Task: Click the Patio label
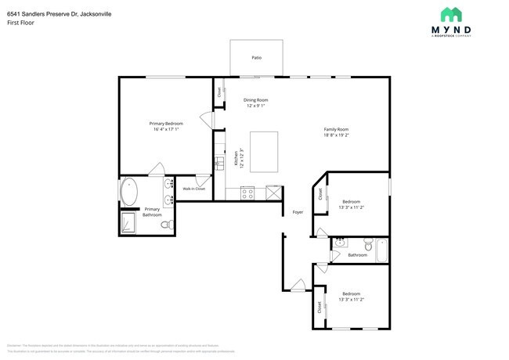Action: [x=256, y=58]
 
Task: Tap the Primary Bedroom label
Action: [x=167, y=123]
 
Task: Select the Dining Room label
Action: [x=255, y=99]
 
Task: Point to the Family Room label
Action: [x=337, y=129]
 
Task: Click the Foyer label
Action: [x=298, y=212]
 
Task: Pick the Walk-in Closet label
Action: [x=194, y=189]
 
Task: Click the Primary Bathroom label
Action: [x=152, y=211]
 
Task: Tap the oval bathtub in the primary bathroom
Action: [x=129, y=192]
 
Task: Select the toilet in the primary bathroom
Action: [x=166, y=225]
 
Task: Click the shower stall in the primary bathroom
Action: [x=128, y=225]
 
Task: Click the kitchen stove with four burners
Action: [x=247, y=192]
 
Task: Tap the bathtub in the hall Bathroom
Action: [x=382, y=250]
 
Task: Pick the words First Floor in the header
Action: [x=20, y=22]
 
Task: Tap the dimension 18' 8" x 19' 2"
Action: [x=337, y=135]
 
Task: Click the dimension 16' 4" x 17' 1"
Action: [x=167, y=129]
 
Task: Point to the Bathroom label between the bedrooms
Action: [x=357, y=254]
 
